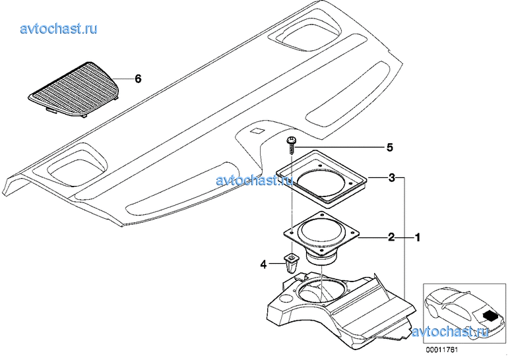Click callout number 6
point(138,79)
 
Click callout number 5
point(389,147)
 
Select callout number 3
point(391,178)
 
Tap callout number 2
point(391,237)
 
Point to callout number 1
point(416,237)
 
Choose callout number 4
point(263,264)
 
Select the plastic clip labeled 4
point(291,263)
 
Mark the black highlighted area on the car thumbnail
point(491,316)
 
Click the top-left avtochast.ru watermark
point(59,28)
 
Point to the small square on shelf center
point(257,131)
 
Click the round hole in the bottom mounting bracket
point(321,289)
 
